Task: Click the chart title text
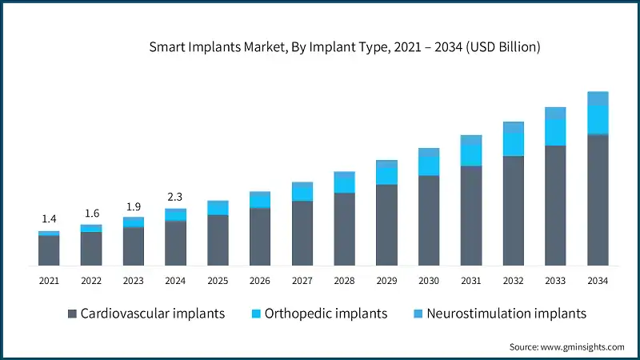[345, 47]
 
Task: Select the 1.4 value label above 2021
[49, 218]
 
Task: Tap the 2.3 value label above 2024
[175, 196]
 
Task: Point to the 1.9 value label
[134, 206]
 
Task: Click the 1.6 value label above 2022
[91, 213]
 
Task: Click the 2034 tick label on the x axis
[598, 281]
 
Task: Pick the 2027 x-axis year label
[302, 281]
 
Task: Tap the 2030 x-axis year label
[429, 281]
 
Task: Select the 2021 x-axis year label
[49, 281]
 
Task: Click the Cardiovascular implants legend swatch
[73, 313]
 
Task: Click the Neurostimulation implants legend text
[506, 313]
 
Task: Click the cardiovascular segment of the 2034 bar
[598, 200]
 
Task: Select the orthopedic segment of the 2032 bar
[514, 144]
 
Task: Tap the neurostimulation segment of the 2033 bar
[555, 113]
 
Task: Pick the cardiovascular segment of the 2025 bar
[218, 240]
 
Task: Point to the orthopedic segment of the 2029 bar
[386, 174]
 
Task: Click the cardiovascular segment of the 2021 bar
[49, 250]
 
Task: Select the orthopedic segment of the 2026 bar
[260, 199]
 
